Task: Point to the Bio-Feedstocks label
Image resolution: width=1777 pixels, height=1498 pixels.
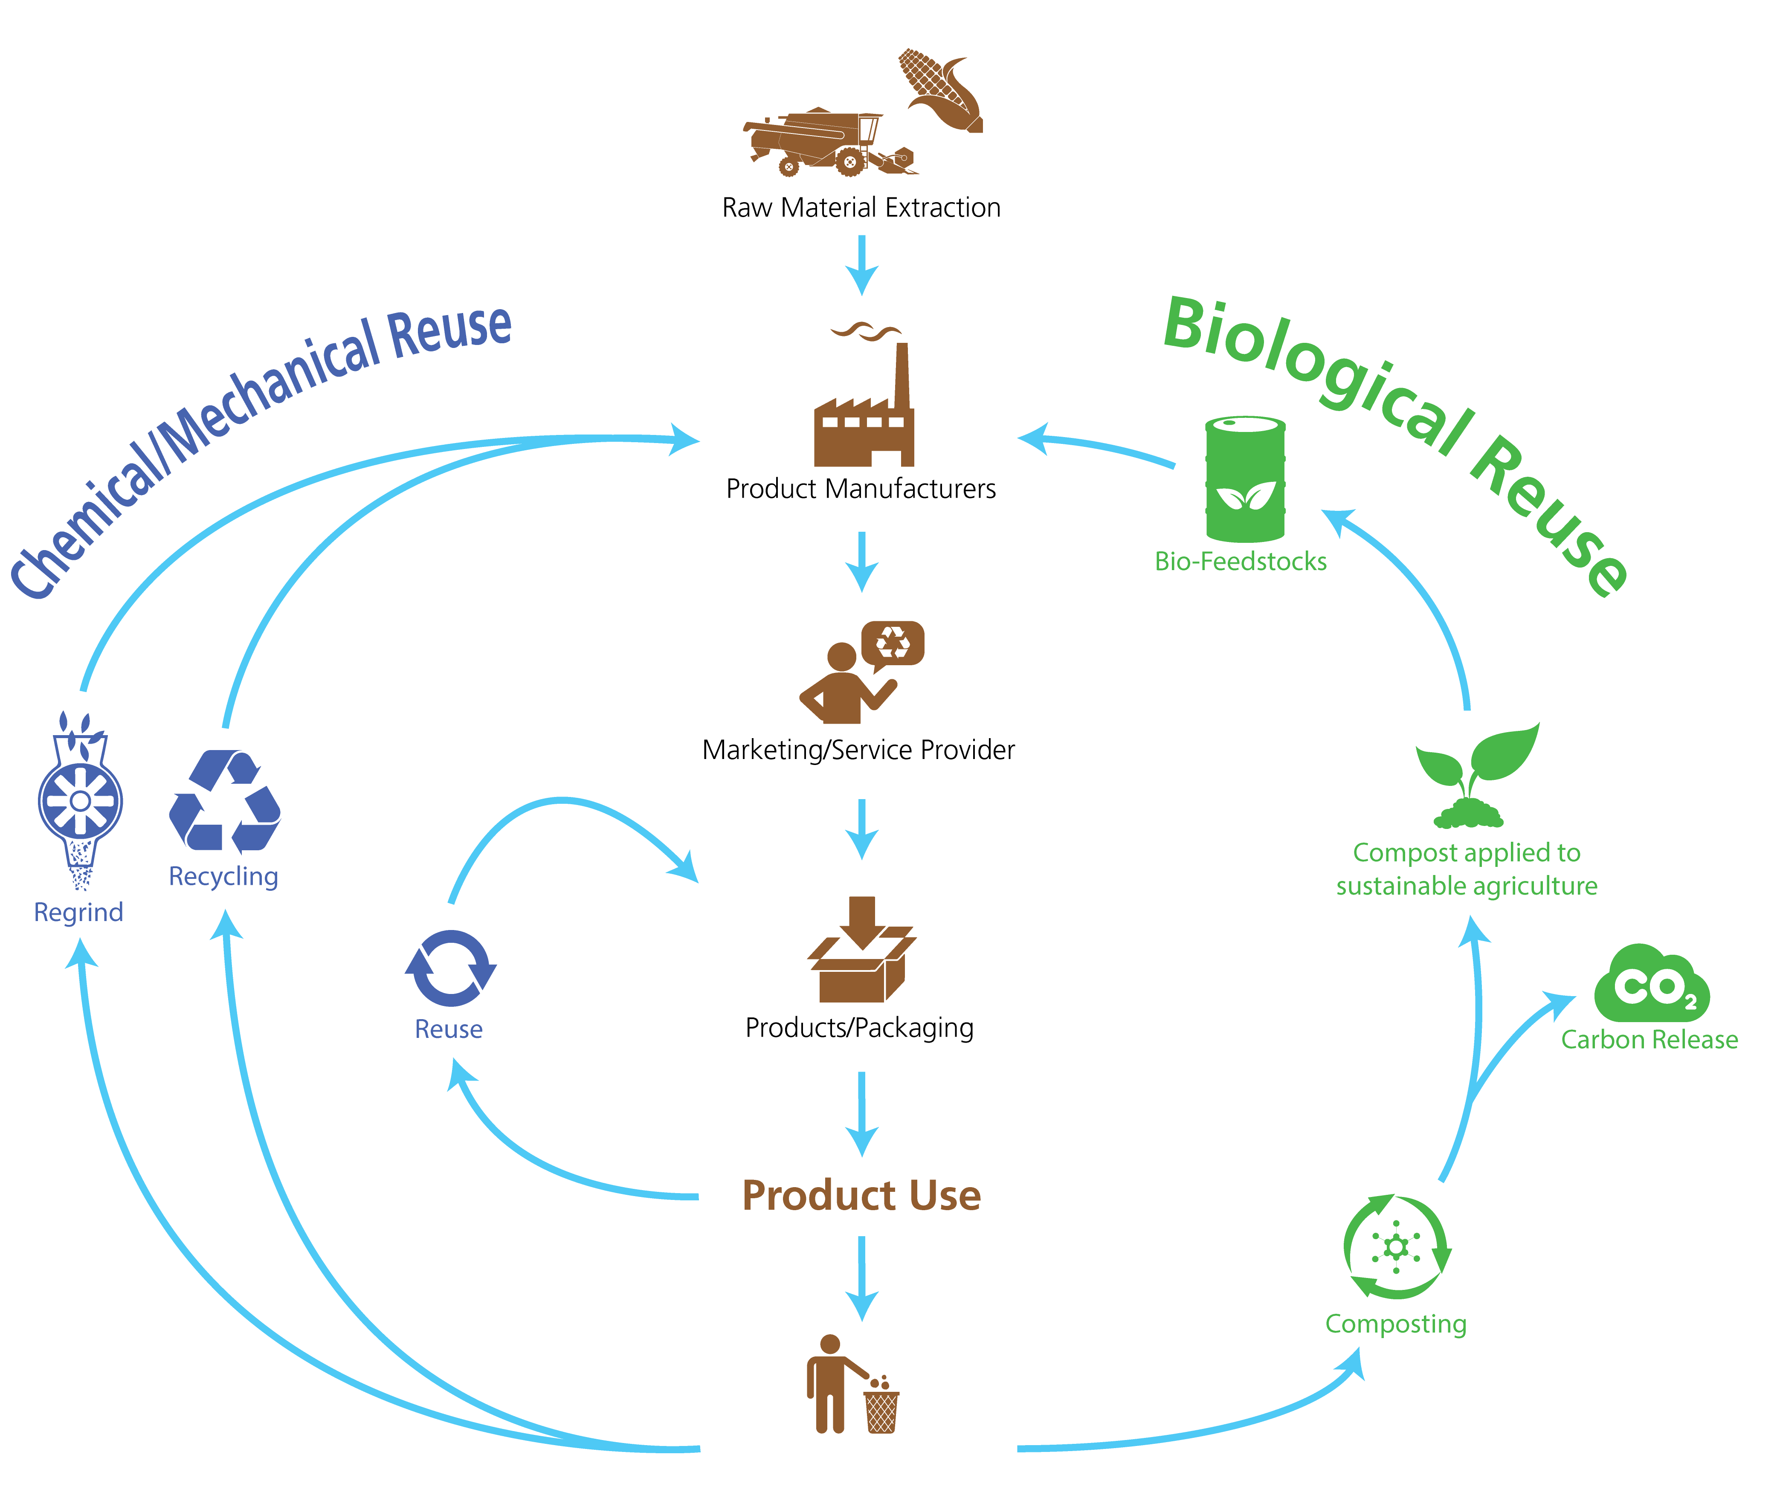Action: pyautogui.click(x=1240, y=561)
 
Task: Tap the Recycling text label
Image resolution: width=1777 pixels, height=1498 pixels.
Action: pyautogui.click(x=223, y=875)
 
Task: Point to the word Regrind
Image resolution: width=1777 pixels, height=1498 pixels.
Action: pyautogui.click(x=78, y=912)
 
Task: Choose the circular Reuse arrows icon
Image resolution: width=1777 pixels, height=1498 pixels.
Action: pyautogui.click(x=450, y=968)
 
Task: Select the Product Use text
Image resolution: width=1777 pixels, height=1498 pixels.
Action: pyautogui.click(x=861, y=1196)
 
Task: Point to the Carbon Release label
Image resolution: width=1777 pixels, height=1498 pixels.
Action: pyautogui.click(x=1649, y=1040)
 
